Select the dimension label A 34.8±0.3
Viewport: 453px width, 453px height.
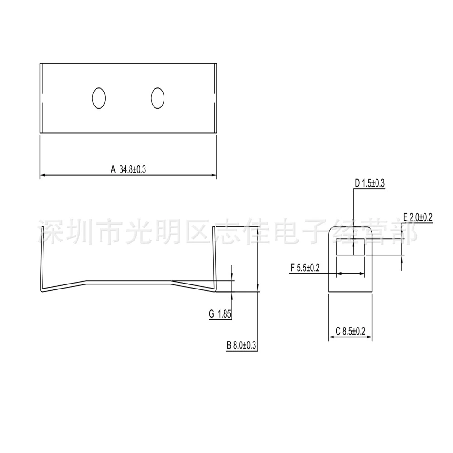tap(129, 169)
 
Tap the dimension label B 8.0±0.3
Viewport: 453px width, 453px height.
tap(241, 345)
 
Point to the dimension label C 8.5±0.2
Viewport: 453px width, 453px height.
tap(351, 331)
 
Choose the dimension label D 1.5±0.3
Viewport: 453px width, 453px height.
tap(370, 183)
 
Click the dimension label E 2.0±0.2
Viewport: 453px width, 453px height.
tap(418, 217)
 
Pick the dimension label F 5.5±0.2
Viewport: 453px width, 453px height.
tap(305, 268)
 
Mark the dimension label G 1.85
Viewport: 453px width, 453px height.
tap(220, 314)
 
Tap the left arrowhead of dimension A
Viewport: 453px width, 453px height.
tap(43, 175)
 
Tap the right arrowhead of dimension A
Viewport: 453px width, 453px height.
tap(214, 175)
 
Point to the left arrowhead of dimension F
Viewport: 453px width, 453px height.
tap(339, 273)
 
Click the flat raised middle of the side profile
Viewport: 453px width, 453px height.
tap(129, 281)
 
